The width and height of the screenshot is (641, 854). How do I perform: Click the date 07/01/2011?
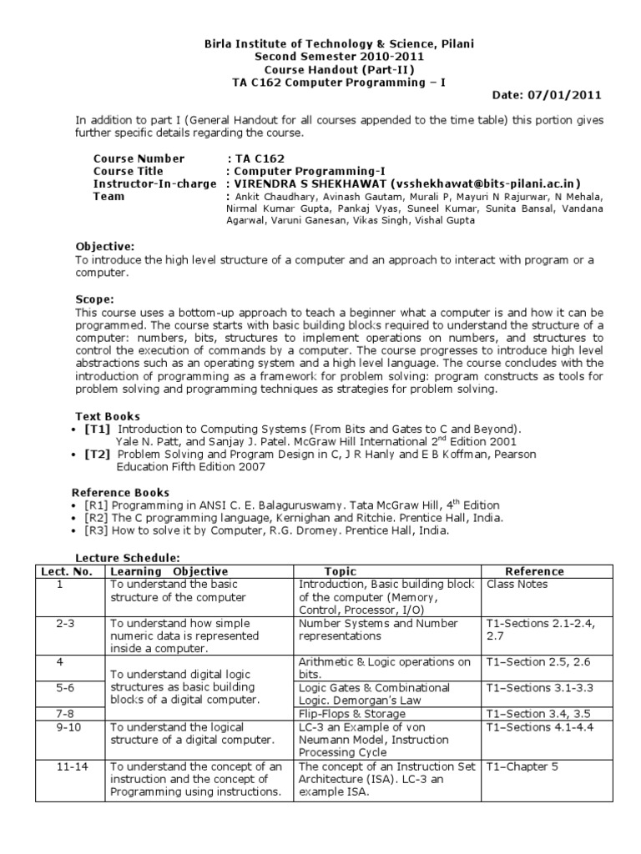click(x=572, y=96)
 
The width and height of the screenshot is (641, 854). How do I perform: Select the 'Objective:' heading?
click(x=104, y=247)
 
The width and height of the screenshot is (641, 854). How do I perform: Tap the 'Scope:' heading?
click(x=95, y=299)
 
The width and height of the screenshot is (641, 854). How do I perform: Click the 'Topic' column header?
click(x=340, y=571)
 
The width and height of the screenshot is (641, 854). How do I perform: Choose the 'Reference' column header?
click(x=534, y=571)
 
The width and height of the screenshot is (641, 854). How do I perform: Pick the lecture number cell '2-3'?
click(x=69, y=623)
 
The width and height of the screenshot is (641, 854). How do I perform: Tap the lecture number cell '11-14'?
click(x=69, y=766)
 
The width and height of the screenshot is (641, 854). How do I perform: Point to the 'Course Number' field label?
click(x=139, y=158)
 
